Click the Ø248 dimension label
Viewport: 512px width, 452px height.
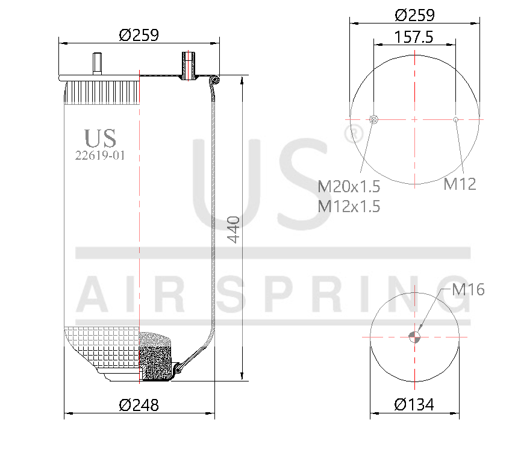pos(139,405)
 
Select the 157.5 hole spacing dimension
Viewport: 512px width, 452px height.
pos(414,37)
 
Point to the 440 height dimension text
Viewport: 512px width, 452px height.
pos(233,229)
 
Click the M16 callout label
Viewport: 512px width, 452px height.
pos(468,290)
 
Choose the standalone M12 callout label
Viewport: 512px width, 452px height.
pos(460,184)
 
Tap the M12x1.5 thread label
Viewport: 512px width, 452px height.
pos(349,206)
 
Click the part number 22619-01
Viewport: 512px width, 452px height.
pos(100,155)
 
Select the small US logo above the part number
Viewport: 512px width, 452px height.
pos(100,138)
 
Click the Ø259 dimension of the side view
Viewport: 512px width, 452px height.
pos(139,35)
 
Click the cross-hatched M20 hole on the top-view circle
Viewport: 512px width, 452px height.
pos(373,119)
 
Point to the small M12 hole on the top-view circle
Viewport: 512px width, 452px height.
pos(456,119)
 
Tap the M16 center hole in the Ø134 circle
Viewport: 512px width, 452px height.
pos(414,337)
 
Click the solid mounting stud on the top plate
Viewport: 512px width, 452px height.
pos(96,63)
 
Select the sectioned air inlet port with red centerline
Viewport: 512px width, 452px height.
pos(189,65)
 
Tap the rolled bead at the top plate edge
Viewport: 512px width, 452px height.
pos(216,79)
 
